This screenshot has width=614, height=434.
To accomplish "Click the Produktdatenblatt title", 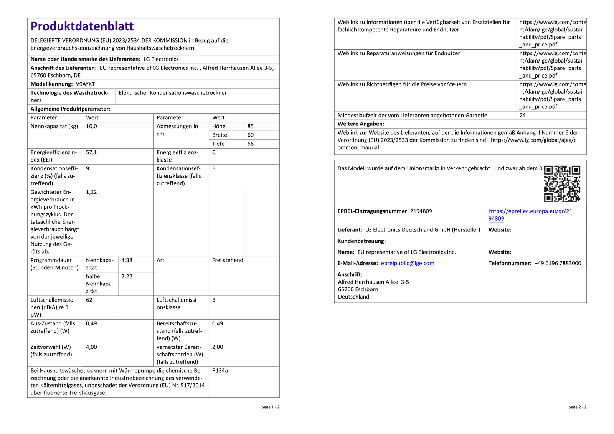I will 82,26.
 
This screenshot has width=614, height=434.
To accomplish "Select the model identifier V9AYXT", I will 85,84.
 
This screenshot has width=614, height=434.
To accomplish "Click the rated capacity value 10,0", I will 91,126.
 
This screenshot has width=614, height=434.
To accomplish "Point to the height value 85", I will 251,126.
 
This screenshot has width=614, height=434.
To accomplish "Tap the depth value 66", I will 251,144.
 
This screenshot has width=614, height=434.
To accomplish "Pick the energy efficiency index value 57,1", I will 91,152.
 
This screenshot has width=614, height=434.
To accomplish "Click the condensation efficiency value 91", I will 89,168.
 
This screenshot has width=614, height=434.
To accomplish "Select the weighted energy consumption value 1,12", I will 91,192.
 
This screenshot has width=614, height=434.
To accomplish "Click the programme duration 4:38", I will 127,260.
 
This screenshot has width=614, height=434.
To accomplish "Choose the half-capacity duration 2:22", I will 127,276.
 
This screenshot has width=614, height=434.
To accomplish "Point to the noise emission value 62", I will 89,300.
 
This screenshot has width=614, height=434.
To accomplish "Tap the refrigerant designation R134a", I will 220,370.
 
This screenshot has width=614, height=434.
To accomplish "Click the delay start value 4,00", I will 91,347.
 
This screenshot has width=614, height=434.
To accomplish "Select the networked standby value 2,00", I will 218,347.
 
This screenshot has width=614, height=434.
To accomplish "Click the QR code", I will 562,183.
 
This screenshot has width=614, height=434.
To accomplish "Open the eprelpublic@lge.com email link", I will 408,263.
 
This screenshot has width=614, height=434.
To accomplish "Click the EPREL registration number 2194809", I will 421,211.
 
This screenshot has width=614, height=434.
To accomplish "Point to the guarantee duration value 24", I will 522,115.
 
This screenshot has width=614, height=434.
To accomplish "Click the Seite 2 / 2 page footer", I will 578,407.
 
